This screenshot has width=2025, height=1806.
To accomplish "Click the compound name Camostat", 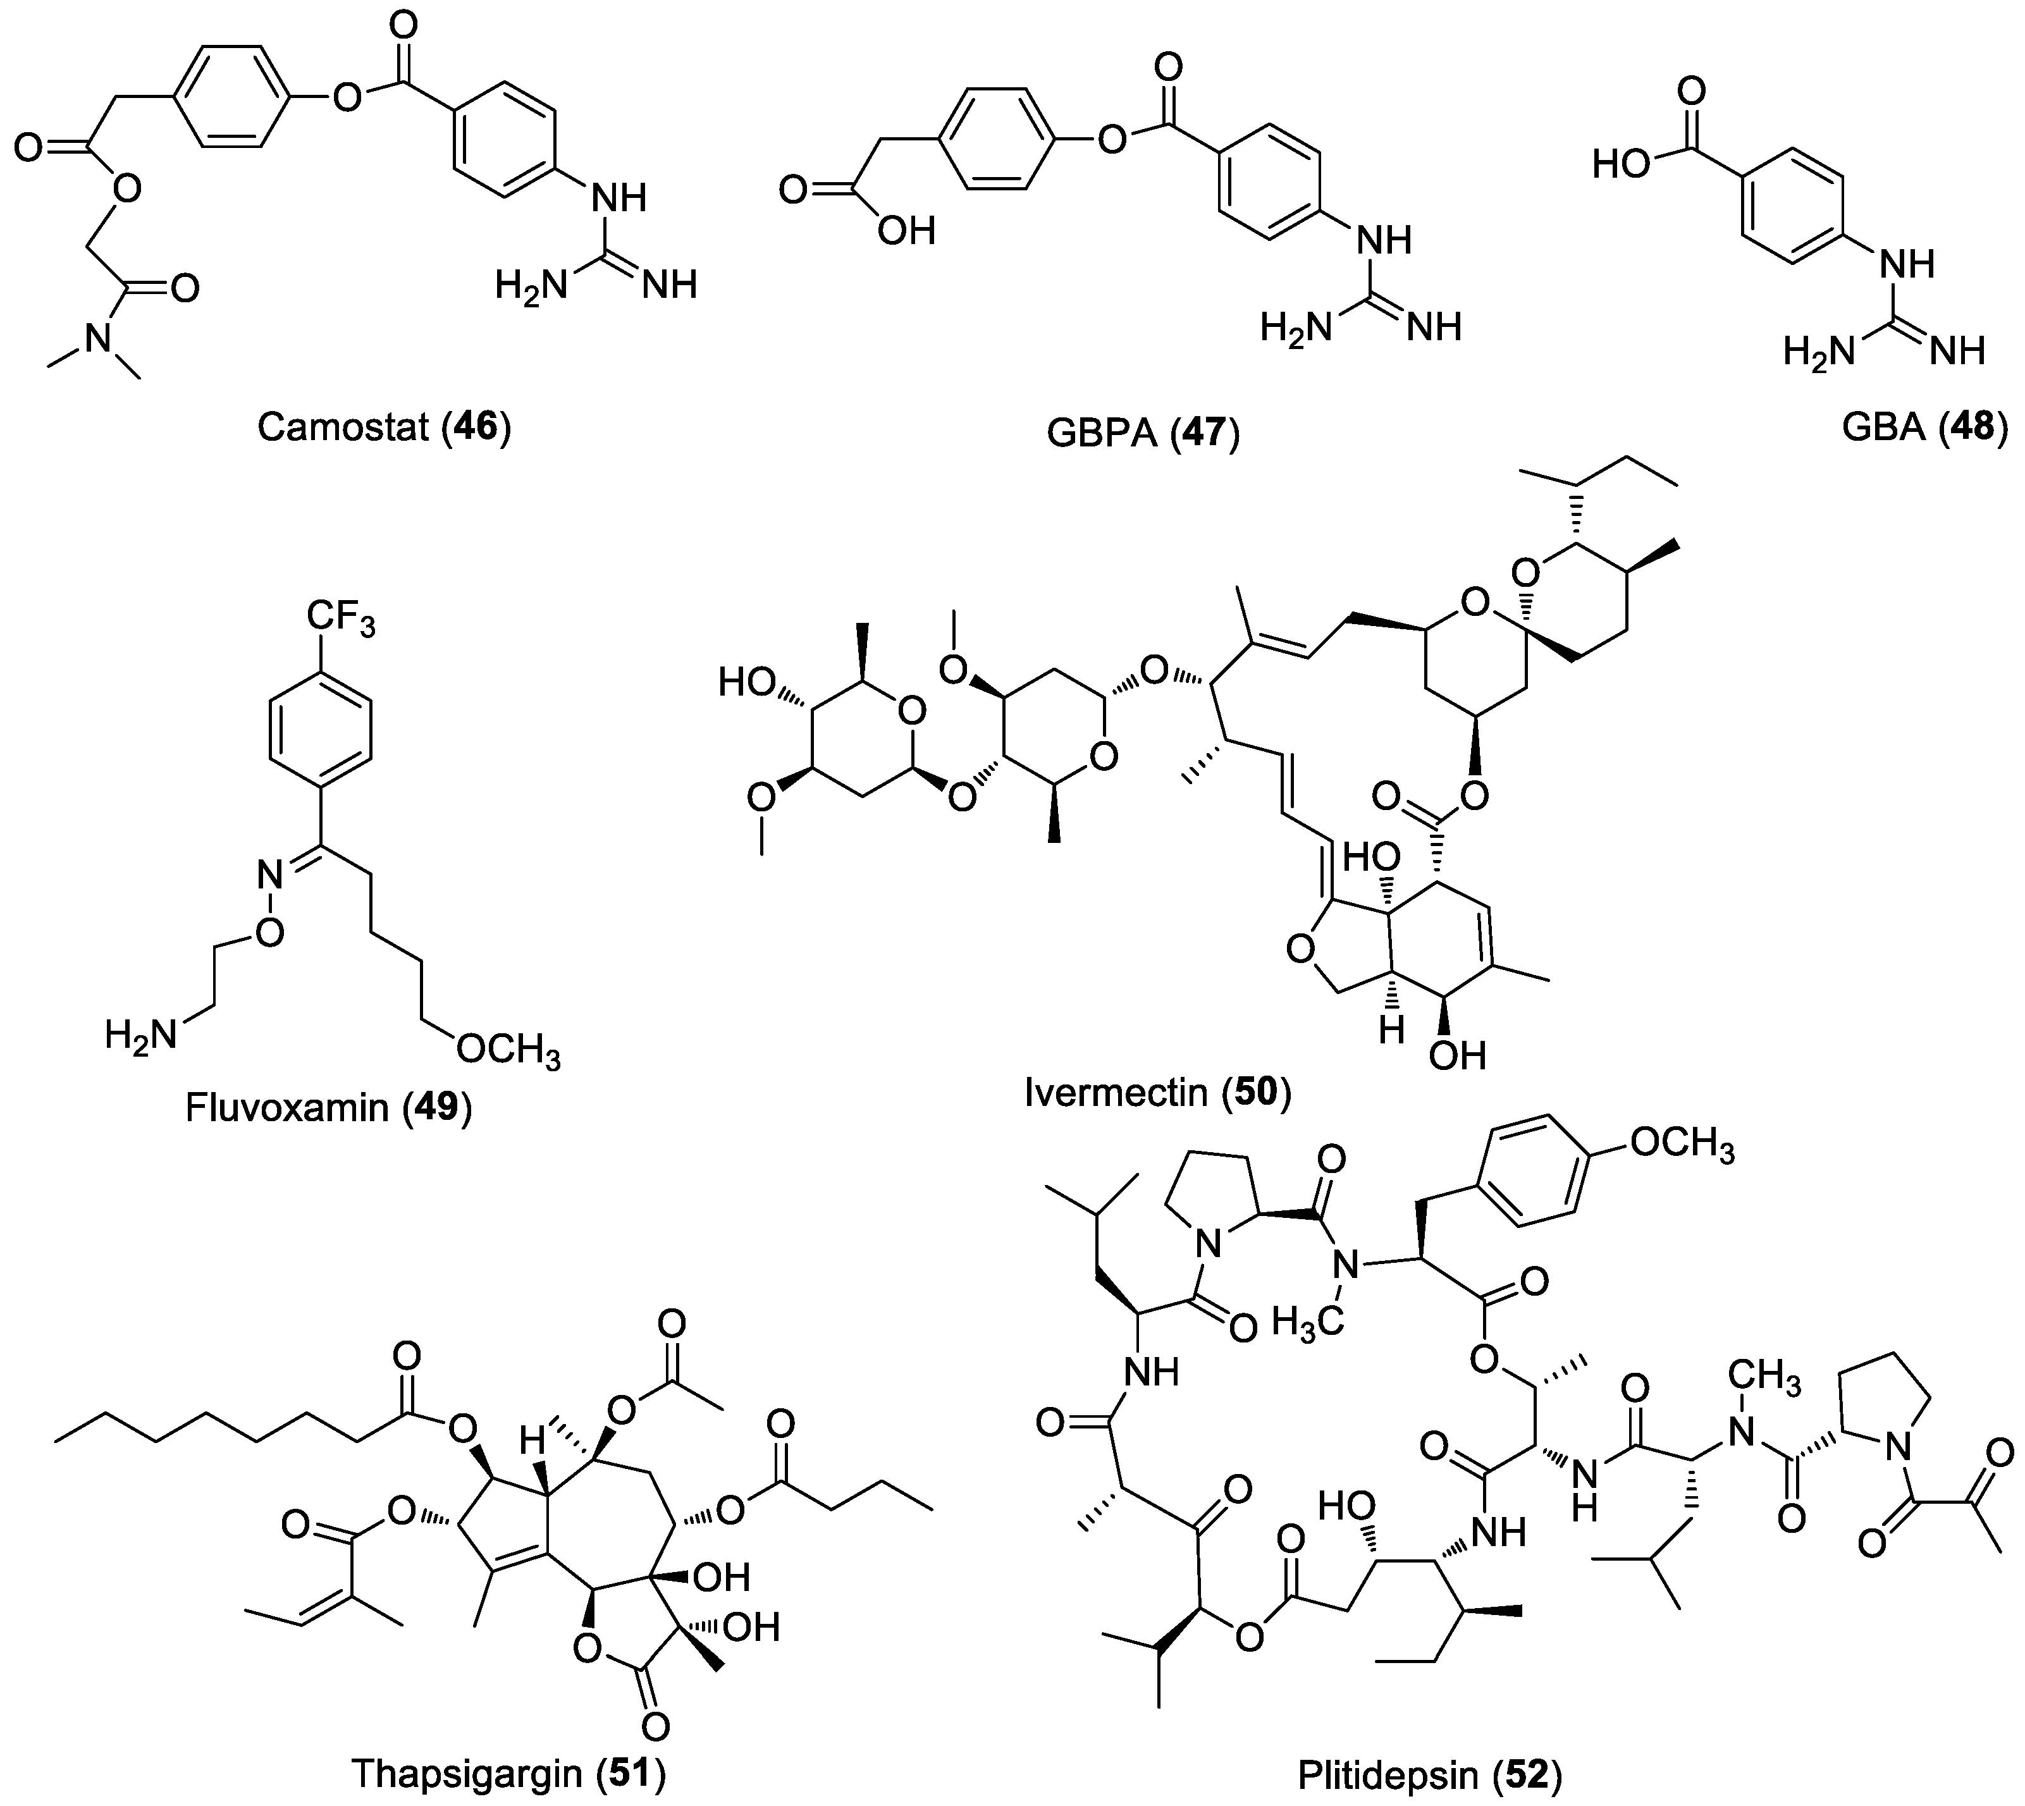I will [342, 427].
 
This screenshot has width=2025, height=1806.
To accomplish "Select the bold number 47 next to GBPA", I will [1203, 434].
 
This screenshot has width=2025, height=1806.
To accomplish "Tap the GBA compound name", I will [1882, 427].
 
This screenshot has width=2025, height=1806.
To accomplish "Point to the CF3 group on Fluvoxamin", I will [340, 617].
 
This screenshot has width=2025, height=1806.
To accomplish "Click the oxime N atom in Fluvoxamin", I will [271, 874].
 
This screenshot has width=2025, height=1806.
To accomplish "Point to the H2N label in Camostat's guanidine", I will [531, 287].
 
